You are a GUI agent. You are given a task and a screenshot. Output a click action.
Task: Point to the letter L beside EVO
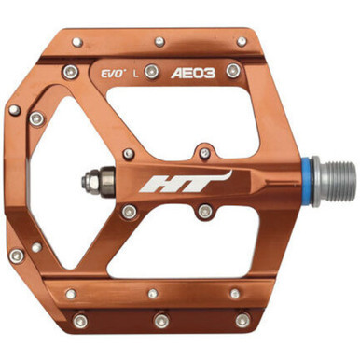138,71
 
